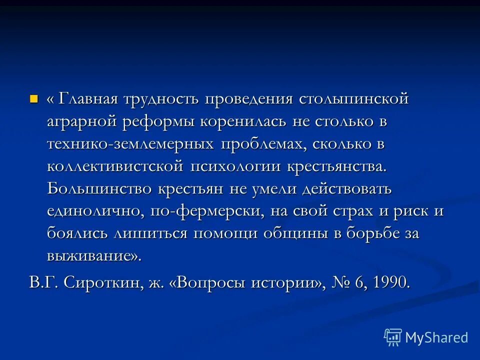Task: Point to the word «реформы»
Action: coord(158,121)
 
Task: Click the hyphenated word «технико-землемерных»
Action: coord(127,143)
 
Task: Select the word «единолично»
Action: coord(95,211)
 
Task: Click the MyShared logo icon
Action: coord(392,337)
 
